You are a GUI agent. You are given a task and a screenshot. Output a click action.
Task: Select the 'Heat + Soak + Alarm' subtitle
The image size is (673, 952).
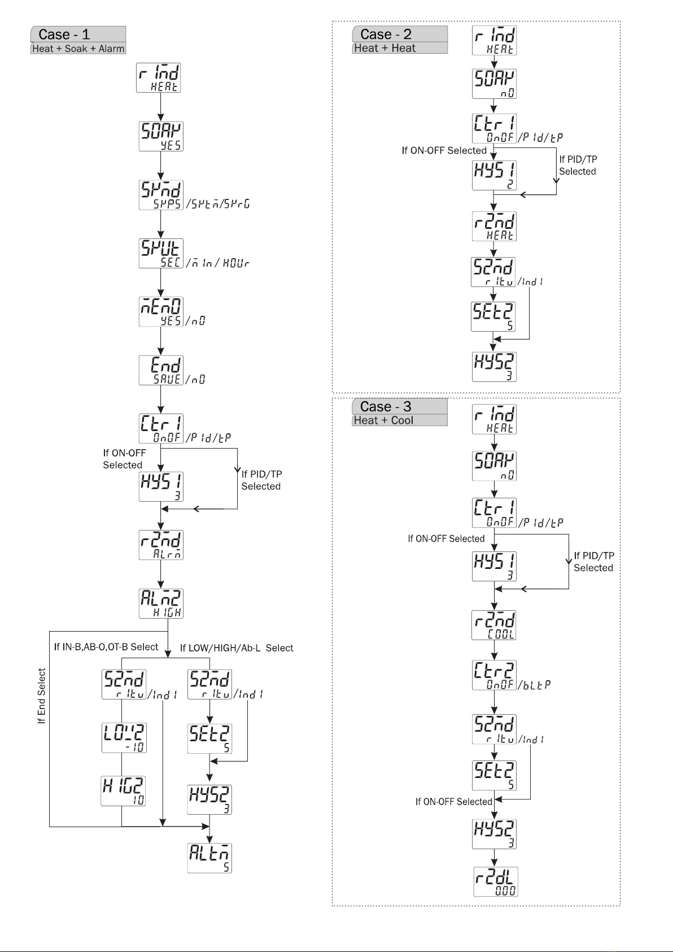[x=78, y=49]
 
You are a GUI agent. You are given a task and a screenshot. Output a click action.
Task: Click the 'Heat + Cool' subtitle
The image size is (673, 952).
[x=383, y=420]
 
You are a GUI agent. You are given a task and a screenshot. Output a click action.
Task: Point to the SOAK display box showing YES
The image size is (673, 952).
[x=161, y=136]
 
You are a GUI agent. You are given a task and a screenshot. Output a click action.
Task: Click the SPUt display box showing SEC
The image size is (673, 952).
[x=161, y=253]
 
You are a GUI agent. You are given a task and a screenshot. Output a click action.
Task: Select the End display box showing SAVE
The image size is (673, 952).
[x=161, y=370]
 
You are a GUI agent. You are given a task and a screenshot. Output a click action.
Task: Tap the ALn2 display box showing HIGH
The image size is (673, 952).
[x=161, y=603]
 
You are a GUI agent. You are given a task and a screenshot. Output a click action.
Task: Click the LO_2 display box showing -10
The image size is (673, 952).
[x=124, y=737]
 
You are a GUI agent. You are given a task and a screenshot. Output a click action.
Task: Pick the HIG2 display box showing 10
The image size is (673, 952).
[x=124, y=790]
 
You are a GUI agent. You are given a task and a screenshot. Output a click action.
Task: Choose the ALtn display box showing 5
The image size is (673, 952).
[x=209, y=858]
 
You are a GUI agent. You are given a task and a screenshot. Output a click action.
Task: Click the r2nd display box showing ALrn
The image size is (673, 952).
[x=161, y=545]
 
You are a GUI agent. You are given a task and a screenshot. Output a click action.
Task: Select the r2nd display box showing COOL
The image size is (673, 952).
[x=494, y=625]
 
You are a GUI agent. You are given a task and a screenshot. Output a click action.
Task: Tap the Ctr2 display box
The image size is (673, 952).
[x=494, y=675]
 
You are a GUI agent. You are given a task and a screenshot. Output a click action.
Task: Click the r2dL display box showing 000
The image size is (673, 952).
[x=495, y=881]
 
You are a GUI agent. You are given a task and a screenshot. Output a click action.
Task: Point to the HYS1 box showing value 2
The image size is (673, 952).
[x=494, y=175]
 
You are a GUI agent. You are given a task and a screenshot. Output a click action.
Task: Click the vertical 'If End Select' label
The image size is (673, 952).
[x=41, y=695]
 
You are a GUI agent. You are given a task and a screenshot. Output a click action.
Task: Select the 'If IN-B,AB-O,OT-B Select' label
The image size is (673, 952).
[x=106, y=647]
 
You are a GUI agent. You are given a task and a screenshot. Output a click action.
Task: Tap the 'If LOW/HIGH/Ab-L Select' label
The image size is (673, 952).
[x=237, y=648]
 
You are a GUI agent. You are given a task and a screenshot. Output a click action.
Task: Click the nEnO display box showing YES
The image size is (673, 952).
[x=161, y=311]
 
